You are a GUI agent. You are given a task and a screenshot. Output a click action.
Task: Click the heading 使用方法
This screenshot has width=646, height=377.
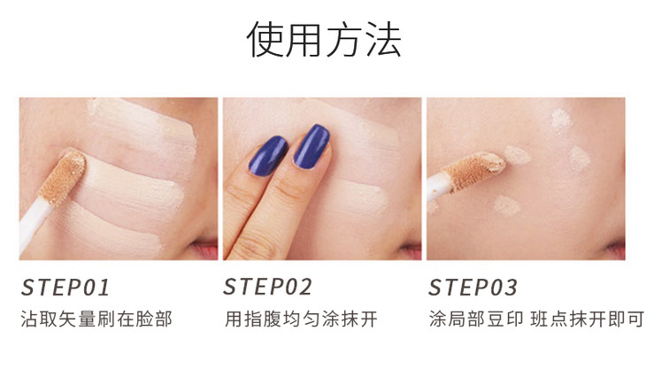[323, 39]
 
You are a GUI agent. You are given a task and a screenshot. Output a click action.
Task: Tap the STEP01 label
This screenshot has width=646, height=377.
[65, 288]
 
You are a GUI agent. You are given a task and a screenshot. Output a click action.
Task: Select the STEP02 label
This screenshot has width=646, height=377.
[268, 287]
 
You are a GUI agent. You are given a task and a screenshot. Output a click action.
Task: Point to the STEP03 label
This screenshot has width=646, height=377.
[473, 288]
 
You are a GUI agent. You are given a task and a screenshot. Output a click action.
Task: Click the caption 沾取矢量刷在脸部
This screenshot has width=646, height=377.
[96, 319]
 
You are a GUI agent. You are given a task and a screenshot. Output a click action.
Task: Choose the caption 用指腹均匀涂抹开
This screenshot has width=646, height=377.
[301, 319]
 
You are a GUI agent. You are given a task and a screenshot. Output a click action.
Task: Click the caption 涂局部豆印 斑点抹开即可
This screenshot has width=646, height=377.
[536, 319]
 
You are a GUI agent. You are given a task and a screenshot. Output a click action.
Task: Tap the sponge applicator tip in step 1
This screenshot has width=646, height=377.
[63, 177]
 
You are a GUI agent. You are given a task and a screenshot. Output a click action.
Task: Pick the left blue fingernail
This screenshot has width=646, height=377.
[268, 156]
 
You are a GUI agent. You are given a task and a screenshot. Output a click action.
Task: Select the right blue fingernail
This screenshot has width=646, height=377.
[311, 146]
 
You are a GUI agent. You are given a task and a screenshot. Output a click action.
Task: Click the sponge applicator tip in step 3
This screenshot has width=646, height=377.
[477, 170]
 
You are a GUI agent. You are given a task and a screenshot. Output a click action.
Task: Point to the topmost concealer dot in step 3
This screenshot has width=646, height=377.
[561, 119]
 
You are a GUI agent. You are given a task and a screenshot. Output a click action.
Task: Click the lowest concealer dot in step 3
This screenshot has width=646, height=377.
[506, 205]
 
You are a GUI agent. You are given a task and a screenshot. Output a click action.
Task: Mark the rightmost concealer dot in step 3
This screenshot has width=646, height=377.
[580, 158]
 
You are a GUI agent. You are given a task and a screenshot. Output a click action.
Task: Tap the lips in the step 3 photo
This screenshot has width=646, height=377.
[616, 249]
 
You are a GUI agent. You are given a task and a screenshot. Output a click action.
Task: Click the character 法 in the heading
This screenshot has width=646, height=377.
[383, 39]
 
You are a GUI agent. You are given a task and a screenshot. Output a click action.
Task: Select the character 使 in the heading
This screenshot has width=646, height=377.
[265, 39]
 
